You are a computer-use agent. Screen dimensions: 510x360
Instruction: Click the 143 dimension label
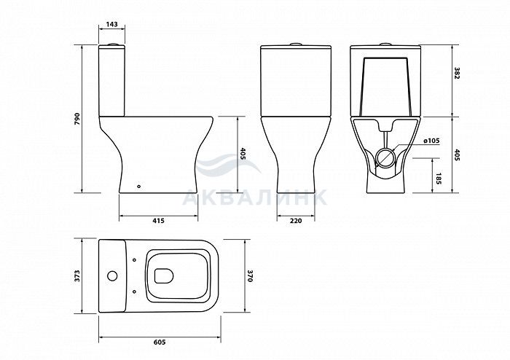tap(111, 24)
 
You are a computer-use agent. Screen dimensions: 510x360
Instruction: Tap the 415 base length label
tap(158, 221)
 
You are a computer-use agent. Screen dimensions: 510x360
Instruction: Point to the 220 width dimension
tap(296, 221)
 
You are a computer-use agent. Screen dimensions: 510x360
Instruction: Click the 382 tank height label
tap(457, 74)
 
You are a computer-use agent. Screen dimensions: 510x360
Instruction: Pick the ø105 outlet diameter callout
tap(431, 141)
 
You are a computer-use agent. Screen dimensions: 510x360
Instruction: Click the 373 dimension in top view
tap(77, 275)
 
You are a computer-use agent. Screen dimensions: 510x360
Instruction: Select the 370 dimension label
tap(250, 275)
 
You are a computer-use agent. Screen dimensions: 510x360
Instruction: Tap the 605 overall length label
tap(160, 342)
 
